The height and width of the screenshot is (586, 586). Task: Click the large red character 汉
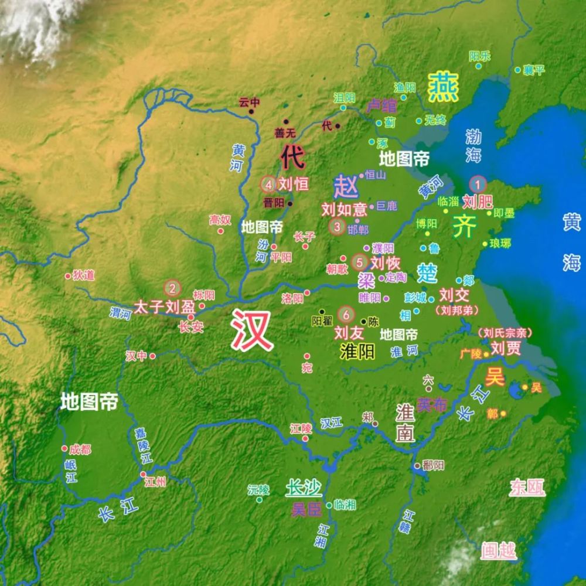[252, 330]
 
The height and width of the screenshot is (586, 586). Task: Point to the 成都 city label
[80, 449]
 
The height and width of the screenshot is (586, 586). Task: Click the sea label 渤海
[473, 145]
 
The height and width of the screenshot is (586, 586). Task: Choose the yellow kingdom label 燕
[443, 88]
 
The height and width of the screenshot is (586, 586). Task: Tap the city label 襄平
[534, 70]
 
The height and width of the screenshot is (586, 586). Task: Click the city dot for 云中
[254, 111]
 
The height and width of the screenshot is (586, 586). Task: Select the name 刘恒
[294, 184]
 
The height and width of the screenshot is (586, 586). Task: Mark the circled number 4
[268, 185]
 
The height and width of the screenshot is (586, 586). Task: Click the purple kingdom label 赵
[346, 187]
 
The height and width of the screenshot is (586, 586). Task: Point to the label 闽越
[499, 550]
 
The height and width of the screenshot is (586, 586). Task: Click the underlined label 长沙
[304, 487]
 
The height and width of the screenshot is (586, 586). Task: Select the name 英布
[432, 405]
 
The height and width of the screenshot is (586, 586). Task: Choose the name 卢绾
[381, 106]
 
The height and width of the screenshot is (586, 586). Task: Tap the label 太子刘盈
[164, 306]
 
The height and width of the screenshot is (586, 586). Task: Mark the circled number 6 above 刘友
[347, 315]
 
